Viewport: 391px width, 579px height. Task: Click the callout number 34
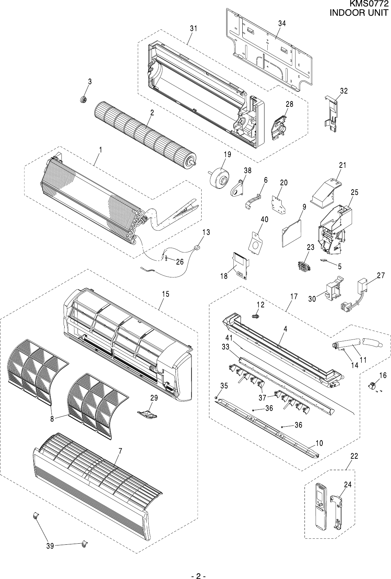[282, 23]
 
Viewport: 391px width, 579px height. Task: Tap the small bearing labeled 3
[84, 99]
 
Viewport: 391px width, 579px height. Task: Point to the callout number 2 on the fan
[152, 112]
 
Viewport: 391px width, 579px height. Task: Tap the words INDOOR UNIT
[358, 12]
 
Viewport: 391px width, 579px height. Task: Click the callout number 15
[165, 294]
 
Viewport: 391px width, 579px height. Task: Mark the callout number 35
[224, 386]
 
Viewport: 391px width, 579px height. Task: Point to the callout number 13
[206, 232]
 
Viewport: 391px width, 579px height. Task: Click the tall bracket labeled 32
[331, 114]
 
